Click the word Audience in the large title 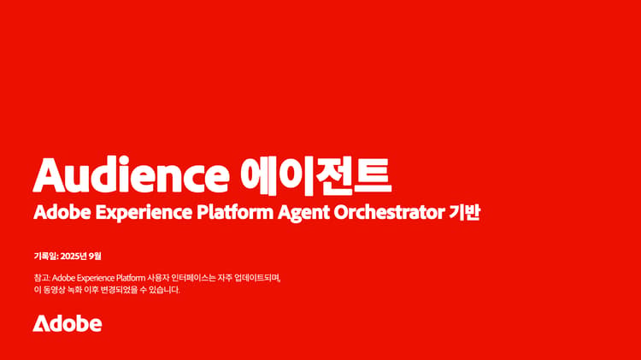click(131, 174)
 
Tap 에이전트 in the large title click(316, 175)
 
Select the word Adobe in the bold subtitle click(62, 212)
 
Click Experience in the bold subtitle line click(144, 213)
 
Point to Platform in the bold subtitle click(235, 212)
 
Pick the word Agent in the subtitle click(303, 213)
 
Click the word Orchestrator click(390, 212)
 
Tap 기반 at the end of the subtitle click(464, 212)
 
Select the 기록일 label click(45, 256)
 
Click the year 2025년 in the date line click(74, 256)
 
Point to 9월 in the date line click(95, 256)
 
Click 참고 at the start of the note click(42, 278)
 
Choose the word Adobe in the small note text click(63, 278)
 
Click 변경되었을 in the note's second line click(120, 290)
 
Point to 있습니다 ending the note click(165, 290)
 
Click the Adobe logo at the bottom click(67, 323)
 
